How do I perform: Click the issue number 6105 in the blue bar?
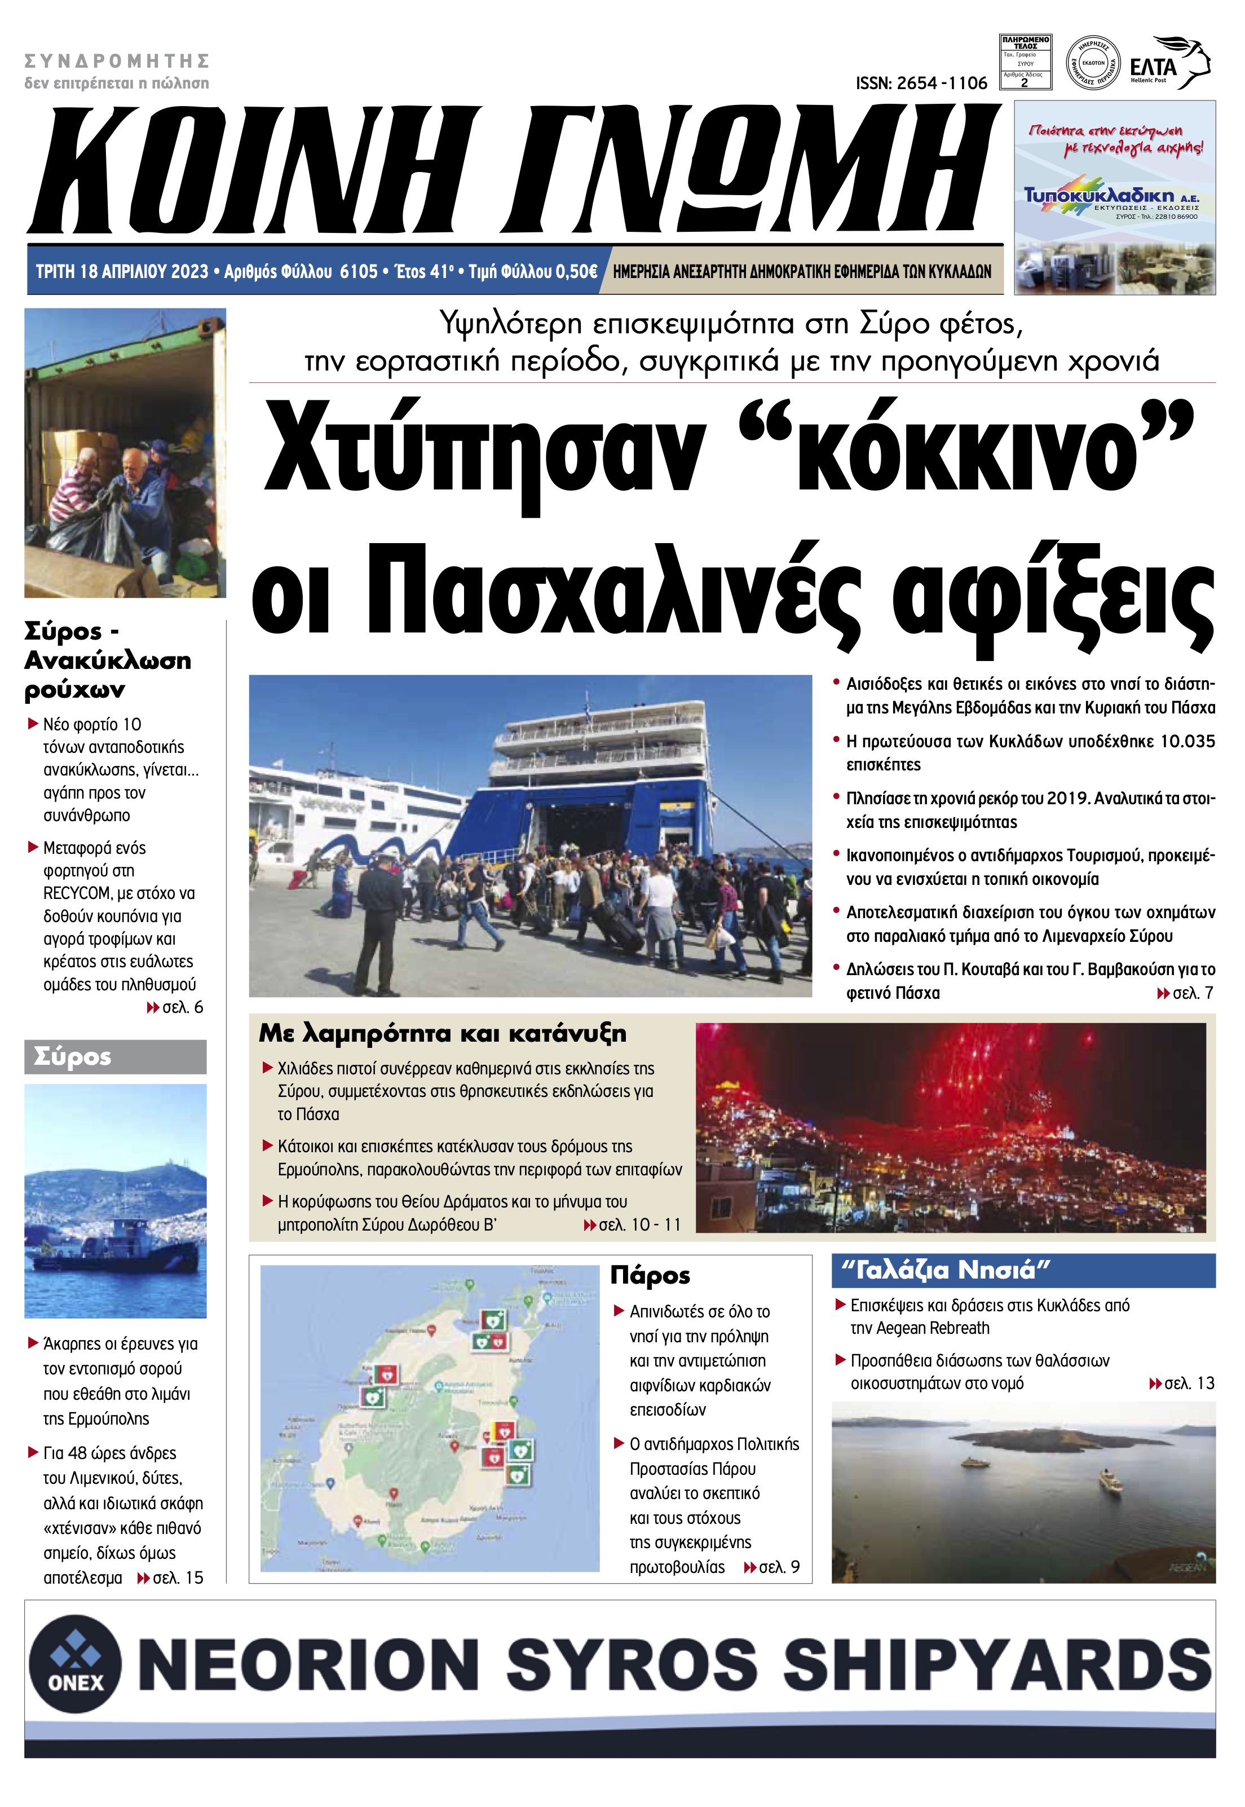click(359, 271)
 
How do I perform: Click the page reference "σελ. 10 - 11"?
click(639, 1225)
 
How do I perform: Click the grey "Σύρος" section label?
click(73, 1057)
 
